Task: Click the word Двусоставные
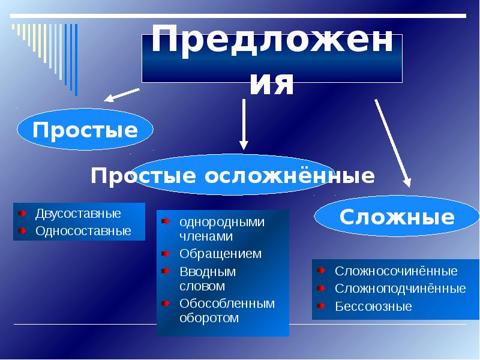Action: pyautogui.click(x=78, y=214)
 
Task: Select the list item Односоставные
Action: pyautogui.click(x=83, y=231)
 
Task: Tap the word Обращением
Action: pyautogui.click(x=220, y=254)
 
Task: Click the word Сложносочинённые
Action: pyautogui.click(x=396, y=271)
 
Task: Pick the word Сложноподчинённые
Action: pyautogui.click(x=400, y=289)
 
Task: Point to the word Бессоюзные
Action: pyautogui.click(x=373, y=306)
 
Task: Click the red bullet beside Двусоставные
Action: pyautogui.click(x=22, y=213)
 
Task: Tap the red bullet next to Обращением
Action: pyautogui.click(x=166, y=253)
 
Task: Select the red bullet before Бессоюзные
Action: pyautogui.click(x=321, y=305)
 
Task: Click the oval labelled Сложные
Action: pyautogui.click(x=397, y=216)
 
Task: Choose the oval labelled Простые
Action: pyautogui.click(x=85, y=130)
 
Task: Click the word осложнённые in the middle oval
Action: pyautogui.click(x=289, y=176)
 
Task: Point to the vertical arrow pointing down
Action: pyautogui.click(x=244, y=124)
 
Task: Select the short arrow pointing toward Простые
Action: pyautogui.click(x=122, y=95)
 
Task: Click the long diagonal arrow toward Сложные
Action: pyautogui.click(x=393, y=143)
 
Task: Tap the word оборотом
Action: pyautogui.click(x=209, y=318)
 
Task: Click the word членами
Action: pyautogui.click(x=206, y=236)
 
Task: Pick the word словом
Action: pyautogui.click(x=202, y=286)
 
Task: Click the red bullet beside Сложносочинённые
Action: pyautogui.click(x=321, y=271)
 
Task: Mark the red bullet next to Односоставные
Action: pyautogui.click(x=22, y=230)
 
